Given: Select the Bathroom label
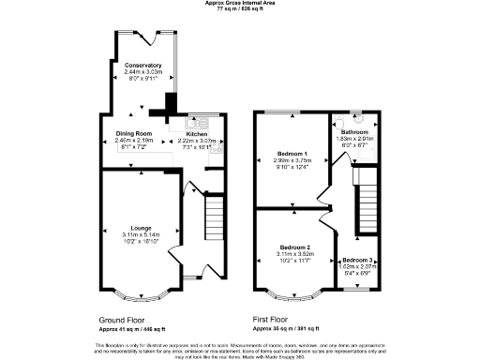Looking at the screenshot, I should [x=354, y=132].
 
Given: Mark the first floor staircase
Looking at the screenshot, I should [x=367, y=198].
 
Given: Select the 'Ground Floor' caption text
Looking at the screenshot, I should [x=121, y=319].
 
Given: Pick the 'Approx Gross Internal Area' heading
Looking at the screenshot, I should [x=240, y=3].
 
